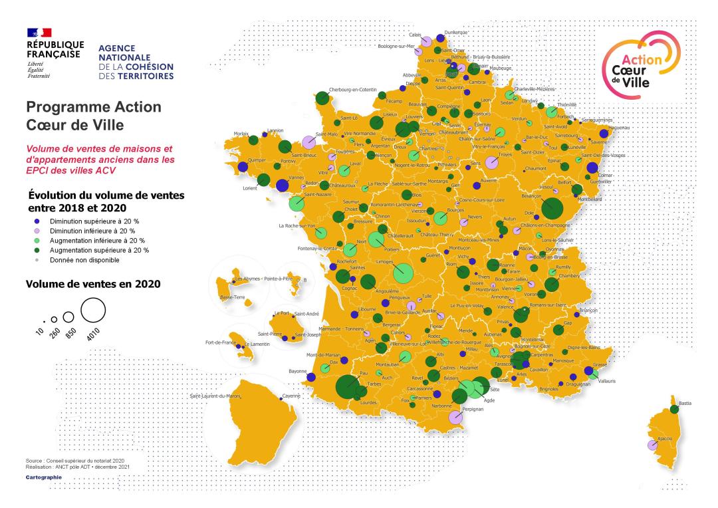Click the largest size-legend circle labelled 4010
pyautogui.click(x=94, y=311)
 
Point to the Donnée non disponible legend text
pyautogui.click(x=88, y=260)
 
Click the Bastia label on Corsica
pyautogui.click(x=685, y=403)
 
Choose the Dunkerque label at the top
pyautogui.click(x=456, y=33)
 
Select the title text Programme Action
pyautogui.click(x=92, y=107)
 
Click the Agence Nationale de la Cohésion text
pyautogui.click(x=136, y=63)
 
